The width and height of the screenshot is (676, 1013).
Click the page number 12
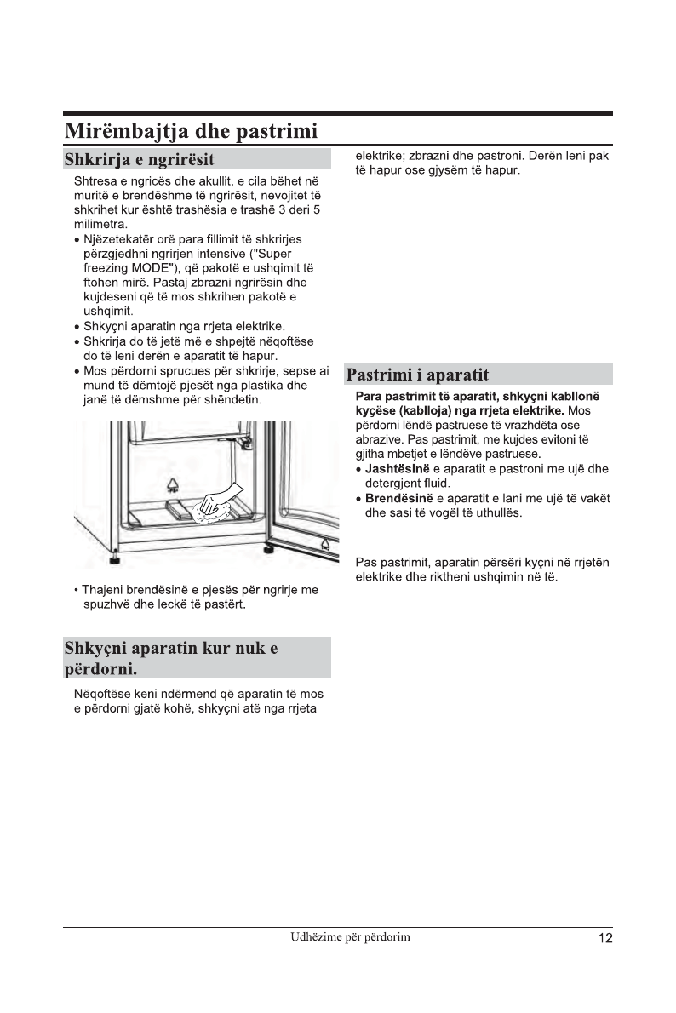pyautogui.click(x=604, y=938)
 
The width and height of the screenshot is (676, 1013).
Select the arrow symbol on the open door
pyautogui.click(x=325, y=542)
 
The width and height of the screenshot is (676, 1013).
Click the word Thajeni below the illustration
pyautogui.click(x=102, y=590)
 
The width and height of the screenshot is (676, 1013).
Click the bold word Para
pyautogui.click(x=369, y=396)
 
